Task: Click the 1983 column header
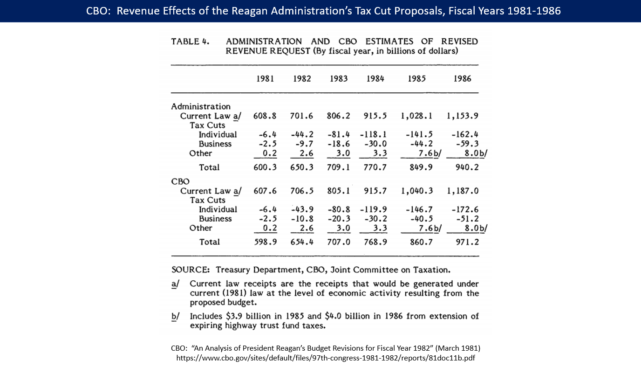339,79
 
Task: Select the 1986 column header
462,79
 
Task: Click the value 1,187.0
462,191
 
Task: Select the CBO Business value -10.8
301,219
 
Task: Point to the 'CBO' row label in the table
180,181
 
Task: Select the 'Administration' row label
201,106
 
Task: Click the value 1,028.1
416,116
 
